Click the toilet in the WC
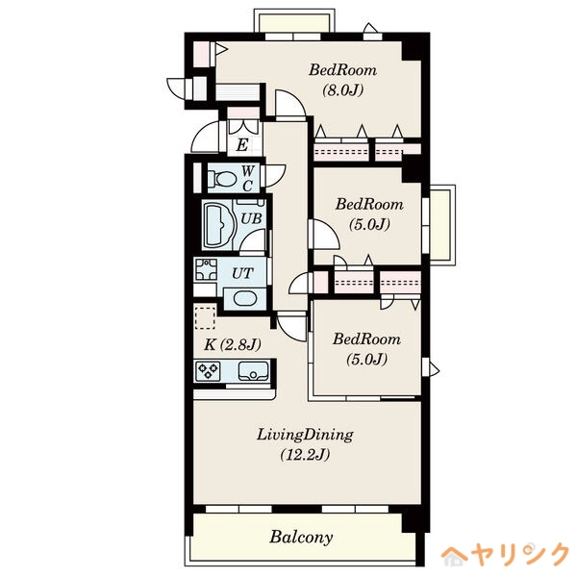tap(222, 180)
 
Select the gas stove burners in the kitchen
tap(208, 371)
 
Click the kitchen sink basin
tap(253, 371)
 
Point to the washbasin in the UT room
tap(244, 298)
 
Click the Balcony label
tap(301, 538)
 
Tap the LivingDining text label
tap(305, 435)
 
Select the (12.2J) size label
tap(305, 455)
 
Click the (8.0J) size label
tap(342, 89)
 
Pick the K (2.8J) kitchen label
tap(233, 345)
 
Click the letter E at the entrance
tap(241, 145)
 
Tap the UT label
tap(242, 273)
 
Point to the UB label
tap(251, 218)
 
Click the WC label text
tap(248, 179)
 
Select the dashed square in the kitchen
tap(205, 316)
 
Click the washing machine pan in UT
tap(206, 269)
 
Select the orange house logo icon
tap(454, 556)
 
